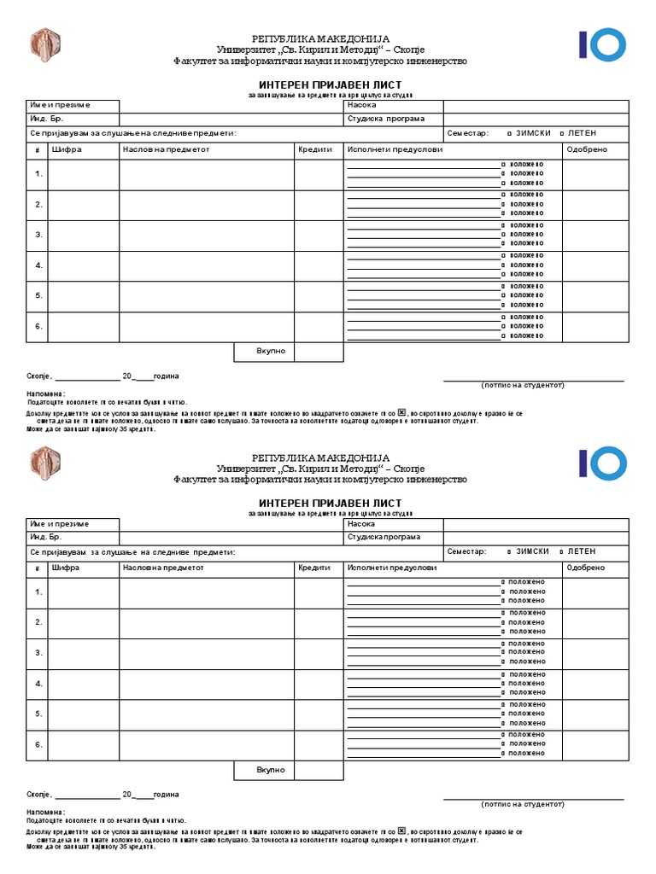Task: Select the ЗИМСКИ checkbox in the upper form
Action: (510, 134)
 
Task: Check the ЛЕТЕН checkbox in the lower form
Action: (561, 551)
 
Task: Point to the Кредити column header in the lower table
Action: (314, 568)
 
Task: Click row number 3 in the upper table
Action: (38, 235)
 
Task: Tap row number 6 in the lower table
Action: (38, 744)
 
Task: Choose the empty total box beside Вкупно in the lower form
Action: (319, 770)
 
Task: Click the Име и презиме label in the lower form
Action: (60, 523)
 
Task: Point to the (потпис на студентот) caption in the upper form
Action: (523, 385)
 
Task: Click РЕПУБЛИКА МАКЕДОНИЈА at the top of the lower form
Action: (319, 457)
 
